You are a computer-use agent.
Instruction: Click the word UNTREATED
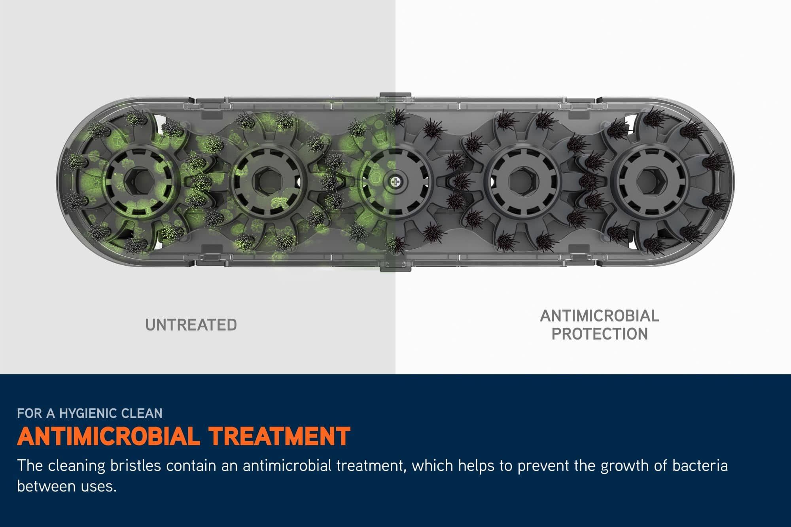click(191, 325)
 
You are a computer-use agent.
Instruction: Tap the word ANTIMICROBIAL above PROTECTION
click(600, 316)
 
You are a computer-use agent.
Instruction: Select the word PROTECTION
click(600, 334)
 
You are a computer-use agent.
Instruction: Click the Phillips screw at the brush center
click(395, 182)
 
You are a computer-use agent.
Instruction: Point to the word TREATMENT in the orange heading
click(280, 436)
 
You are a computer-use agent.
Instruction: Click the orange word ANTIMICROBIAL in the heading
click(108, 436)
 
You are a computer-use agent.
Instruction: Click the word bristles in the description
click(136, 466)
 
